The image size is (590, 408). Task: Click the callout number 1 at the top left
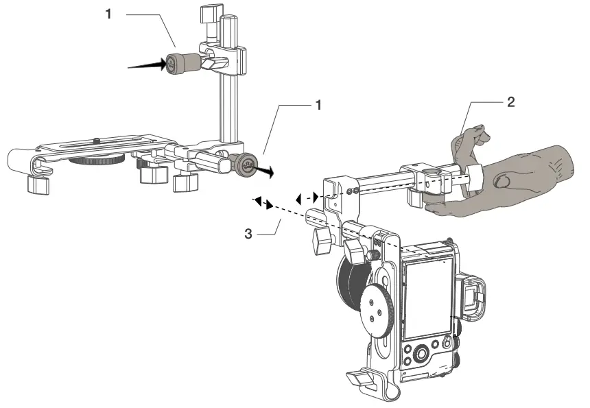coord(108,14)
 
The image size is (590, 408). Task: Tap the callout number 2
coord(510,102)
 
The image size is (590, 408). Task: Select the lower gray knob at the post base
coord(244,165)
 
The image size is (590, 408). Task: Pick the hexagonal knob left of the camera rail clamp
coord(320,239)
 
